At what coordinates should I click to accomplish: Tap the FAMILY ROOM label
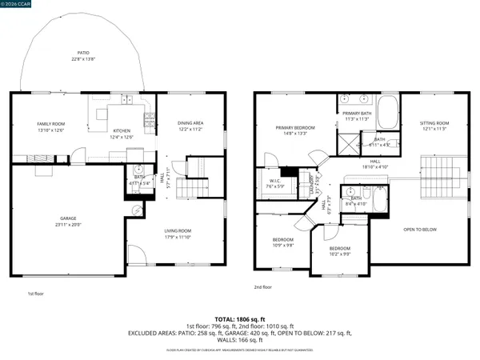(x=50, y=124)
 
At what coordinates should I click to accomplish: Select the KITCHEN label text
(x=121, y=130)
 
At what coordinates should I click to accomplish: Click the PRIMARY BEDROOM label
(x=295, y=128)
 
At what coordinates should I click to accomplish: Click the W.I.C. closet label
(x=274, y=179)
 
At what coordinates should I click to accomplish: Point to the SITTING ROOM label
(x=434, y=123)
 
